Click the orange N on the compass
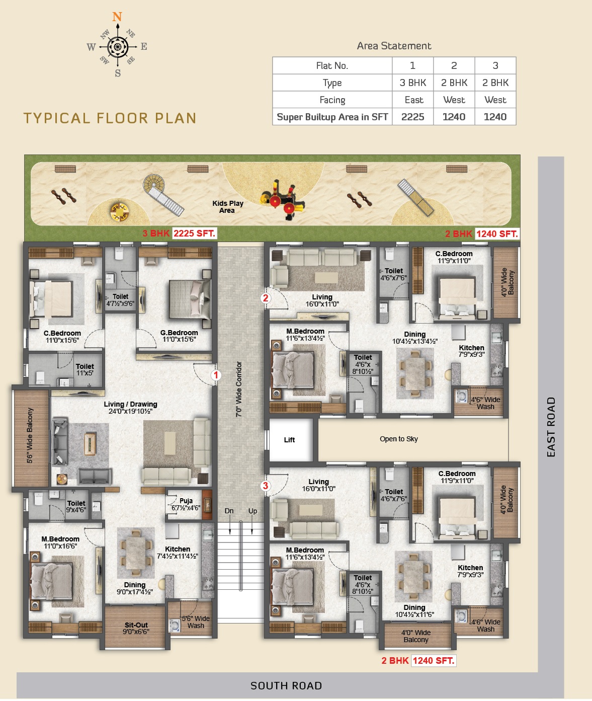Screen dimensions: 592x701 pyautogui.click(x=117, y=17)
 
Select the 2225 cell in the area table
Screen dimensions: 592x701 pyautogui.click(x=412, y=117)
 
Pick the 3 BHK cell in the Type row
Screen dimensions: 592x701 pyautogui.click(x=412, y=83)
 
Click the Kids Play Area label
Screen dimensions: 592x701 pyautogui.click(x=227, y=207)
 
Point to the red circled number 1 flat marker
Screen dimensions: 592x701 pyautogui.click(x=216, y=375)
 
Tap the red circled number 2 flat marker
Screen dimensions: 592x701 pyautogui.click(x=266, y=298)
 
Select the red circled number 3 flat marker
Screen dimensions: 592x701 pyautogui.click(x=265, y=486)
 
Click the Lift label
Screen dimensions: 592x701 pyautogui.click(x=289, y=440)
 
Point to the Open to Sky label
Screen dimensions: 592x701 pyautogui.click(x=399, y=439)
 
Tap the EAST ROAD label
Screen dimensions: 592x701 pyautogui.click(x=551, y=427)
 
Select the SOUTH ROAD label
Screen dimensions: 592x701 pyautogui.click(x=286, y=685)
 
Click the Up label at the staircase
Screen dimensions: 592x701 pyautogui.click(x=252, y=511)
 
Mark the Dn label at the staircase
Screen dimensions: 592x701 pyautogui.click(x=229, y=511)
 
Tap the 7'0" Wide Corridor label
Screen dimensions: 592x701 pyautogui.click(x=238, y=389)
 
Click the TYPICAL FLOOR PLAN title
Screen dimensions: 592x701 pyautogui.click(x=110, y=118)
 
